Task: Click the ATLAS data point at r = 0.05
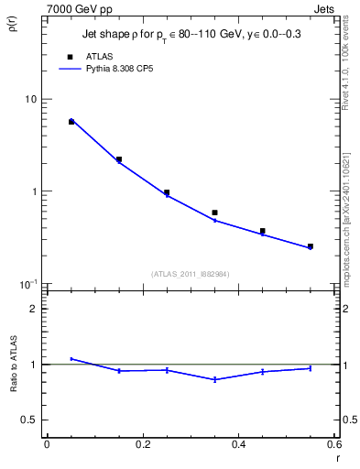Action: click(x=71, y=122)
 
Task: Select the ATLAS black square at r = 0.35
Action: click(x=214, y=213)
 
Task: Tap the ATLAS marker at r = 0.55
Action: click(x=311, y=246)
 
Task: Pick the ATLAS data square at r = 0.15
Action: click(x=119, y=159)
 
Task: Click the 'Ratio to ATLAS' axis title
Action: click(x=12, y=365)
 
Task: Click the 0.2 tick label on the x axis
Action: click(x=142, y=444)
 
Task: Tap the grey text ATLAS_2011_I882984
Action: click(x=190, y=273)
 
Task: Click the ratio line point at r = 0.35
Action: click(x=214, y=379)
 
